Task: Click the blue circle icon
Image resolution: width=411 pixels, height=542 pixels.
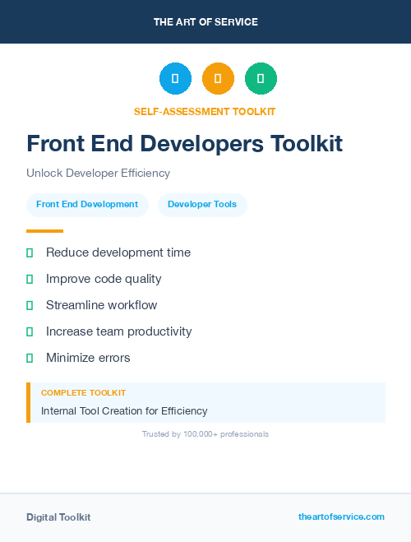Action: coord(175,78)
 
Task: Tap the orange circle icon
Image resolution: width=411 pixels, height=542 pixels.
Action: coord(218,78)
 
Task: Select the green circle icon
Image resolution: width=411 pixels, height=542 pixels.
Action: coord(261,78)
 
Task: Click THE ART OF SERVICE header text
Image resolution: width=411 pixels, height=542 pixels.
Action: coord(205,22)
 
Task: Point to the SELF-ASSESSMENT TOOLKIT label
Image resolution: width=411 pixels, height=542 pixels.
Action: coord(205,111)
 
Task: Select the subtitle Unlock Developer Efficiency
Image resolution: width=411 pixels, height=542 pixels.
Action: coord(98,174)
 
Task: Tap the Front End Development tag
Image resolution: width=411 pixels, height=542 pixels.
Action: coord(87,205)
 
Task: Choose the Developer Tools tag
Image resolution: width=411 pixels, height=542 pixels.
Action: coord(202,205)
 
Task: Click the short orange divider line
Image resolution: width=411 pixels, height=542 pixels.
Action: coord(44,231)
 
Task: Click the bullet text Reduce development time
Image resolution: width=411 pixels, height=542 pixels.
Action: coord(118,252)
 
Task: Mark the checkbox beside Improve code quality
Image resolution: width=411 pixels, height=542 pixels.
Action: coord(30,279)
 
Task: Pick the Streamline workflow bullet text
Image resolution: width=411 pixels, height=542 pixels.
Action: coord(101,305)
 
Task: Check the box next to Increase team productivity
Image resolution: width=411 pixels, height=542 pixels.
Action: coord(30,331)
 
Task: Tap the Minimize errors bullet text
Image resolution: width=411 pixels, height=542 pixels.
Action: coord(88,358)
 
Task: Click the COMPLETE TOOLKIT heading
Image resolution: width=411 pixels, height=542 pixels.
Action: coord(83,393)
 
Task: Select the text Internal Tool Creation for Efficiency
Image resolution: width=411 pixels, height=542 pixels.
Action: coord(124,410)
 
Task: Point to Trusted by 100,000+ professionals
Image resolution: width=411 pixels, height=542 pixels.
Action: coord(205,433)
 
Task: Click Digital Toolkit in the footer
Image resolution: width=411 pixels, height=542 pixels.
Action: coord(58,517)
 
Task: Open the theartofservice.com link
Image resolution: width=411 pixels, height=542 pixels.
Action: coord(341,517)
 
